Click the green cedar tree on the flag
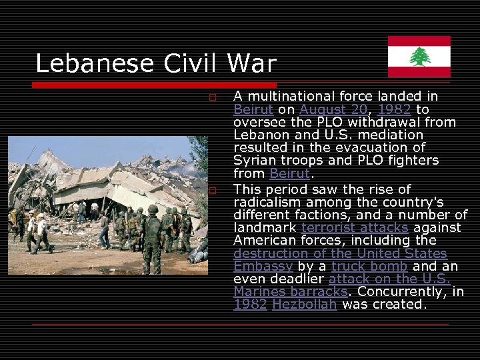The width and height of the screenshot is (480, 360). tap(419, 57)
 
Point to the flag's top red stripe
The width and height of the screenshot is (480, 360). tap(419, 41)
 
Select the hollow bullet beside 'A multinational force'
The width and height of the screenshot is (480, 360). tap(212, 98)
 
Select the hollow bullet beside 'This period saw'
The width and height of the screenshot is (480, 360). tap(212, 191)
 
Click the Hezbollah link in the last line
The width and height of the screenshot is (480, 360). tap(305, 305)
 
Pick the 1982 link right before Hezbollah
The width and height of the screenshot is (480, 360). tap(250, 305)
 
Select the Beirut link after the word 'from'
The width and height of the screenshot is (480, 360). tap(289, 174)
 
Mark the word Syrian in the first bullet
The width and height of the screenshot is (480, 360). tap(252, 161)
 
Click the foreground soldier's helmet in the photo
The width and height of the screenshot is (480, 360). tap(152, 209)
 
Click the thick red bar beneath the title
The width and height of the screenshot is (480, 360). tap(153, 85)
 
